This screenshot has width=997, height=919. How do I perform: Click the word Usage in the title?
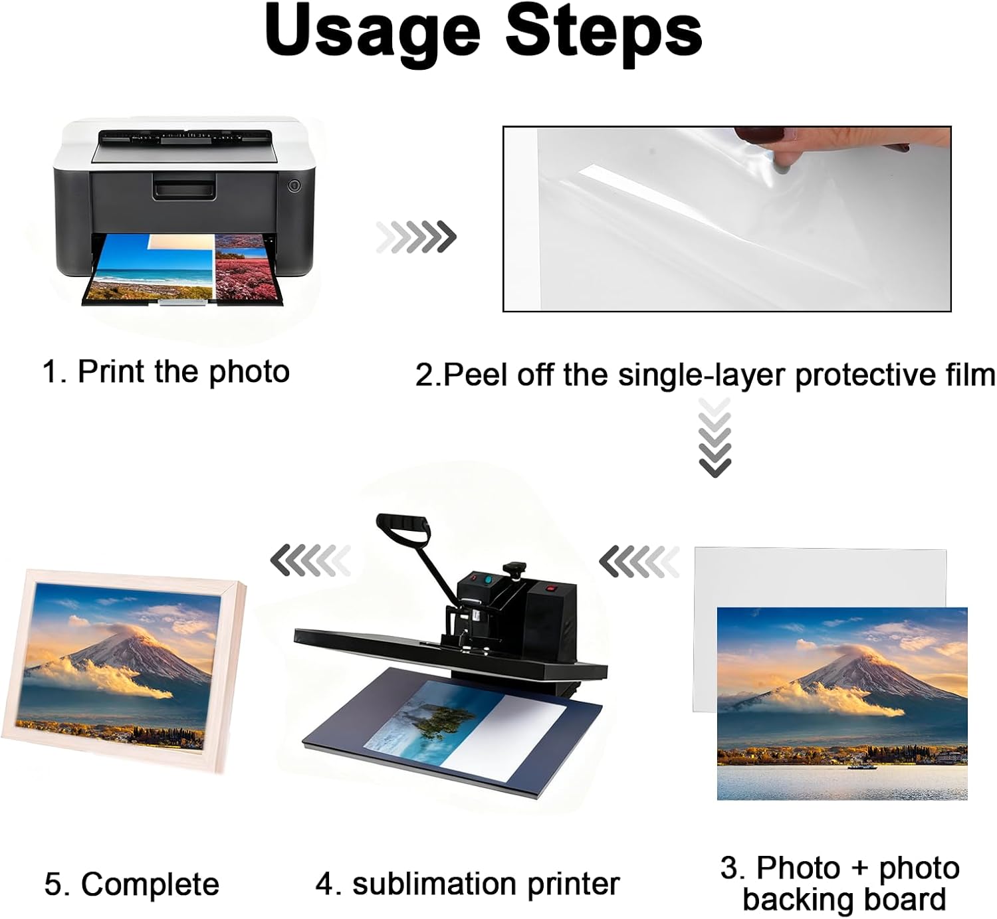pos(372,33)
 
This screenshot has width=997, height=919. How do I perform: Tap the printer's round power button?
pos(294,185)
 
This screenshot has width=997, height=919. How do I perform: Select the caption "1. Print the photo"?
pos(166,371)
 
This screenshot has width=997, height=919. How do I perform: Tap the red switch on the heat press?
pos(550,588)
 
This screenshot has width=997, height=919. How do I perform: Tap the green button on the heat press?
pos(490,579)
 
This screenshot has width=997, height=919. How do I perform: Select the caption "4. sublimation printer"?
pos(467,884)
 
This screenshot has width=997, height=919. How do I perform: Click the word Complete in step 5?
pos(150,884)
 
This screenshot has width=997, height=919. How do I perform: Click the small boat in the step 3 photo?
pos(862,766)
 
